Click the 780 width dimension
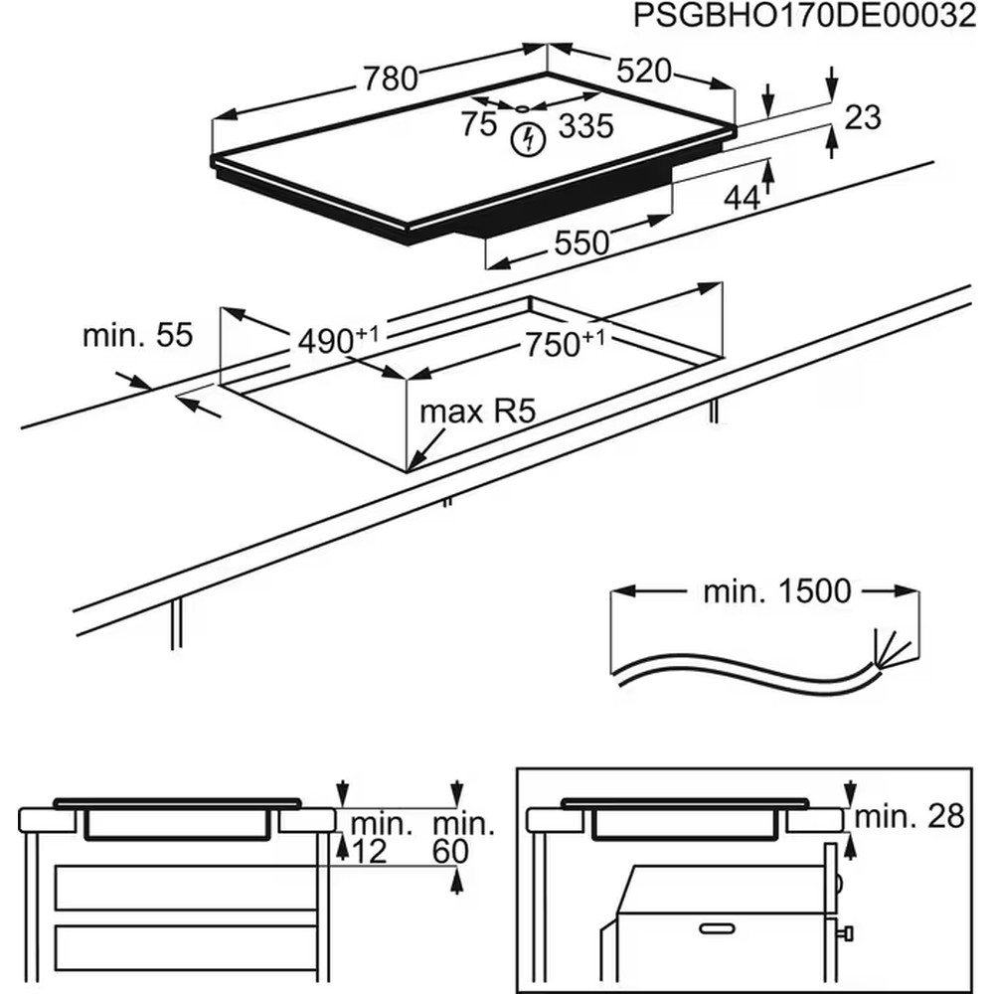point(390,78)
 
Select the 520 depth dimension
point(644,72)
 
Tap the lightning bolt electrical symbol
point(528,139)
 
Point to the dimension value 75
point(479,125)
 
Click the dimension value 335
point(585,126)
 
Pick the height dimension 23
point(863,117)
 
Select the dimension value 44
point(741,198)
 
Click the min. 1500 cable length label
point(777,591)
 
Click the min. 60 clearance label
point(464,837)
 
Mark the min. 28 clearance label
point(910,817)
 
